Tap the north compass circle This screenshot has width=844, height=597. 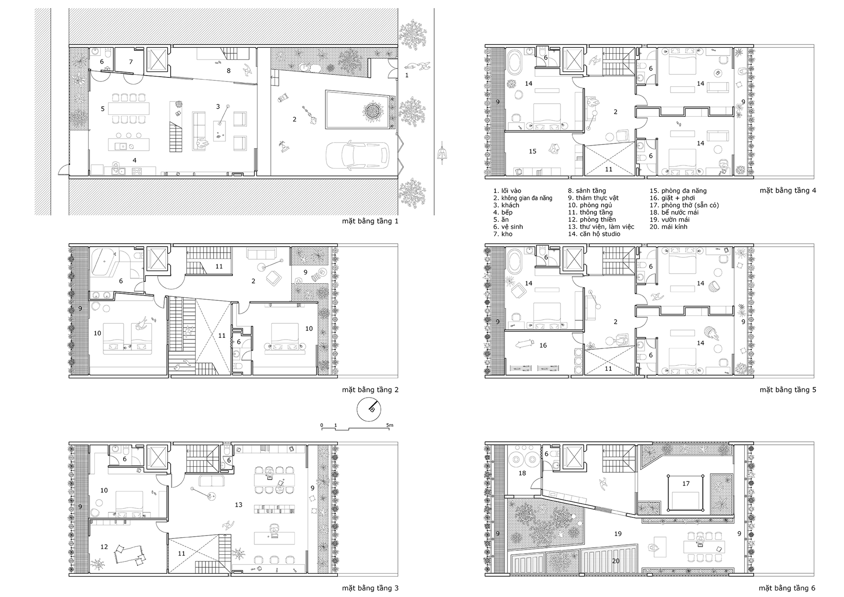369,409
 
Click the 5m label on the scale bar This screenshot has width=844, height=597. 390,425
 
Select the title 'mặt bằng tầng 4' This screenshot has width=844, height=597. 788,191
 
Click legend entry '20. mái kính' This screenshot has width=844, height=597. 668,227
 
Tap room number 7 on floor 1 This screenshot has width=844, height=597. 131,62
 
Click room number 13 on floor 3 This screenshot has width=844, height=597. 238,505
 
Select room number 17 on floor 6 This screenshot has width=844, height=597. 686,483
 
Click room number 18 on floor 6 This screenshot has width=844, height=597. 522,473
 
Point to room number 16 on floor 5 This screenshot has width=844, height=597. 543,345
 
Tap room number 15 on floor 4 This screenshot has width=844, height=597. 533,151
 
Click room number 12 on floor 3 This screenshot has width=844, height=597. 104,547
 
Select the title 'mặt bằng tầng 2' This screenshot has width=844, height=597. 370,390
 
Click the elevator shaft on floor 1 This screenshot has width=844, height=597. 158,59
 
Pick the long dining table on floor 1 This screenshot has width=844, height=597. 129,108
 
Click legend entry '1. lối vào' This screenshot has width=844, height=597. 507,191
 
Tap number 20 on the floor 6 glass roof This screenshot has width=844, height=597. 616,561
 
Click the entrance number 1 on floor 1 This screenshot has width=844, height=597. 407,75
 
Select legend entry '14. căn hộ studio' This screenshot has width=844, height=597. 594,234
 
